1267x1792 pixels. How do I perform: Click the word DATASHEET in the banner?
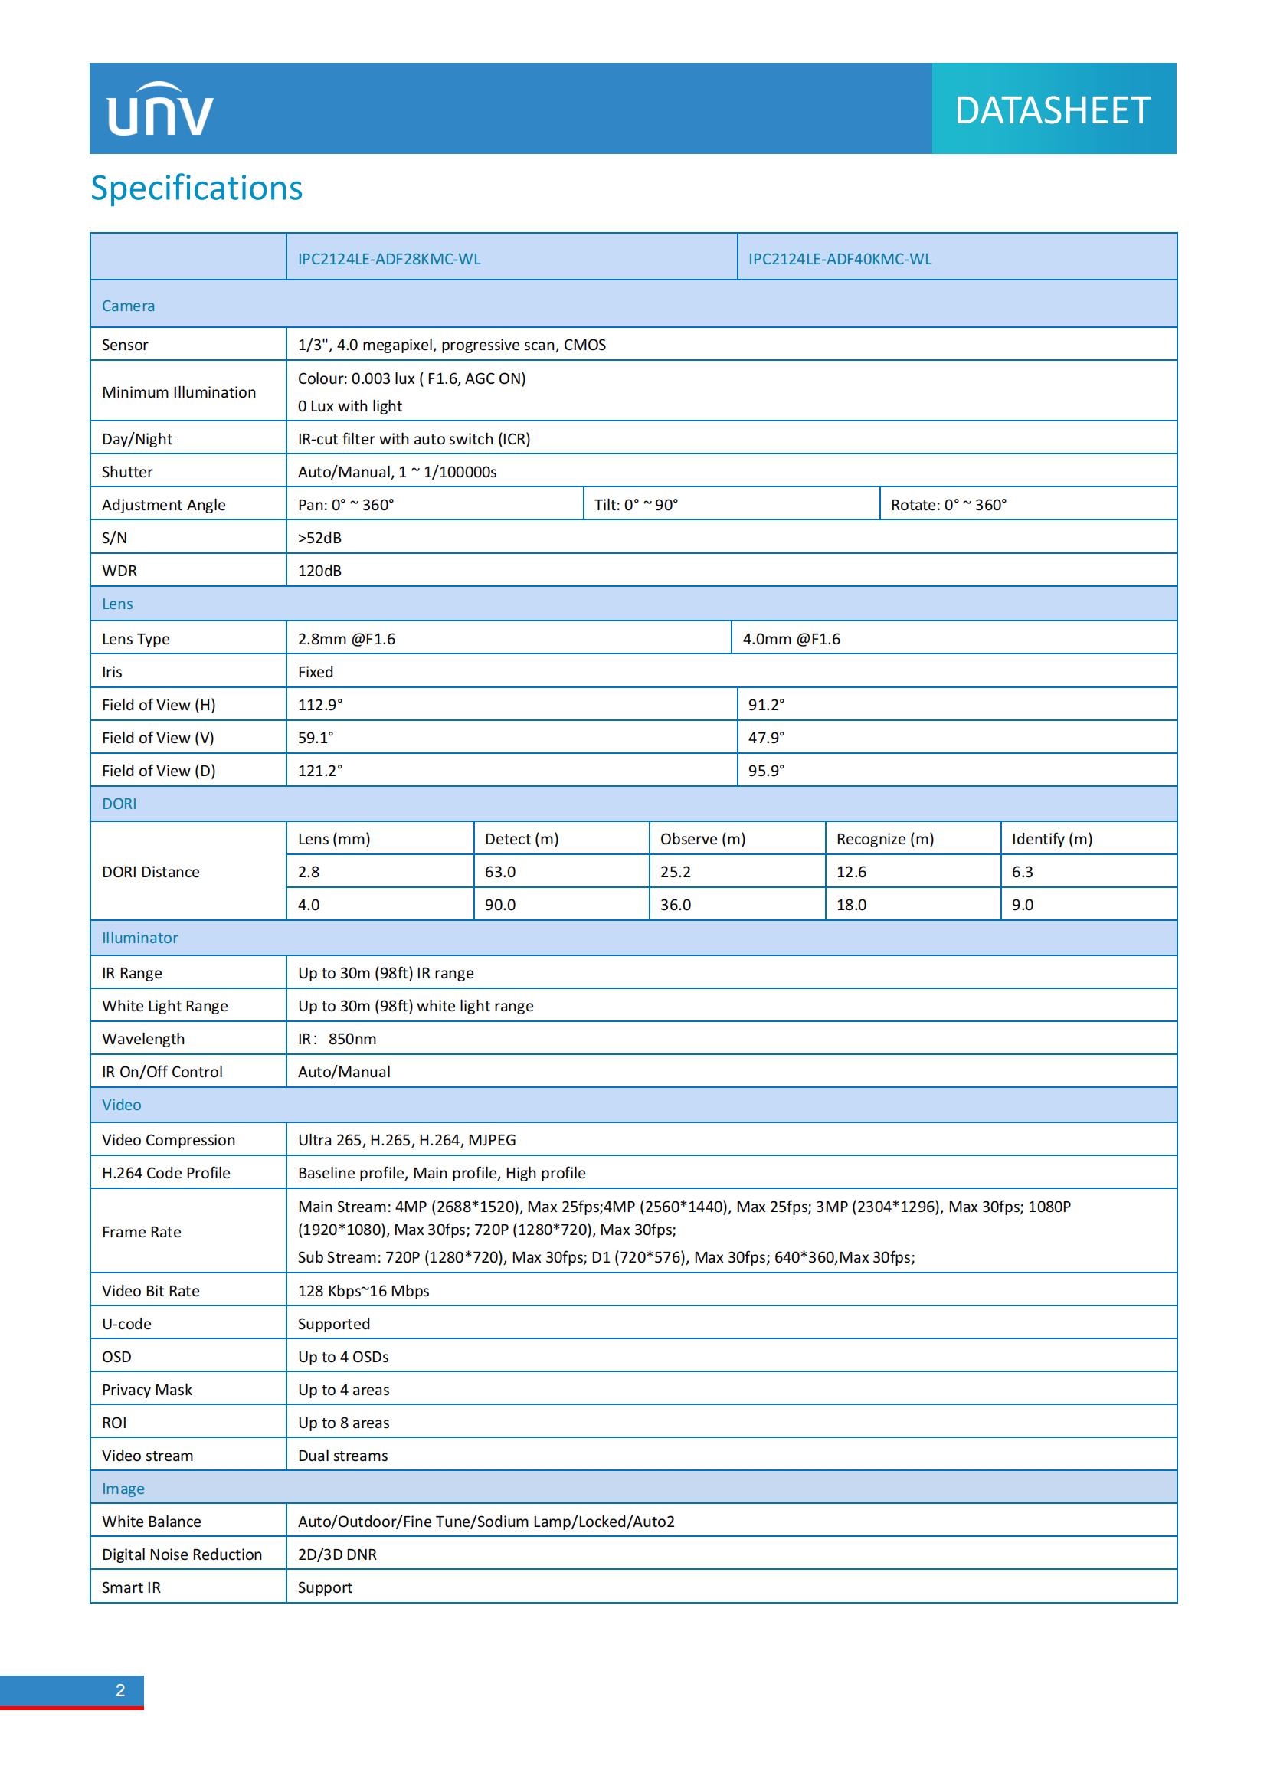point(1053,110)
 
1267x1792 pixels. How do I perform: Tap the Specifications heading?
point(197,188)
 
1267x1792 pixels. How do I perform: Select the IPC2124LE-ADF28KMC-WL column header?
point(388,259)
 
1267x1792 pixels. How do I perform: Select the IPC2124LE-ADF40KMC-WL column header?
point(840,259)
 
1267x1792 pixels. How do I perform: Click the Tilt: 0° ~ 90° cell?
point(636,505)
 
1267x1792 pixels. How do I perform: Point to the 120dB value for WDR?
point(320,571)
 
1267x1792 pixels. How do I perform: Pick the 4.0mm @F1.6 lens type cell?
point(791,639)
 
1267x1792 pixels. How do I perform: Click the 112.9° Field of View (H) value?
point(320,705)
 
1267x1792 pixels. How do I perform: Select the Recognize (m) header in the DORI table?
point(885,839)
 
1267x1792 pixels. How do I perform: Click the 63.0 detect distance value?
point(500,872)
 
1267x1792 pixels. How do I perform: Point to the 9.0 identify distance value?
point(1022,905)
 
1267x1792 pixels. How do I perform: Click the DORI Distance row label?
point(151,872)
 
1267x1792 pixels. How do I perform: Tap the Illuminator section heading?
point(139,939)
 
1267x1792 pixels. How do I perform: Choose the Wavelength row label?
point(143,1039)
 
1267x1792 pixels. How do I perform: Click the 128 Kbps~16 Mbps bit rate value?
point(364,1291)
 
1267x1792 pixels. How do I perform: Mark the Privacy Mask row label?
point(146,1389)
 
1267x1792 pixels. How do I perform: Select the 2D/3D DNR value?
point(337,1554)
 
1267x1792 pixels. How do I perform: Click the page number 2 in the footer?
point(120,1691)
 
